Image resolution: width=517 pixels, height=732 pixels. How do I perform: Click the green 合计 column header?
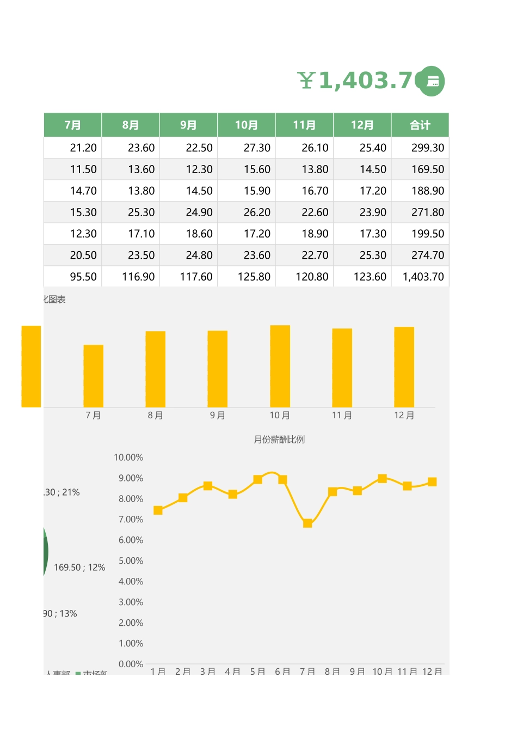click(420, 125)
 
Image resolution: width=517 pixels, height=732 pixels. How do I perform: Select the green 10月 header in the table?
click(246, 125)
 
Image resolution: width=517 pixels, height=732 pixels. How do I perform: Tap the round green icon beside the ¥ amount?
click(430, 81)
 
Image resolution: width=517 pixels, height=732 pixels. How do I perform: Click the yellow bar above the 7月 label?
click(93, 376)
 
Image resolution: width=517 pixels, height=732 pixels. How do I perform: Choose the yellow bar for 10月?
click(280, 366)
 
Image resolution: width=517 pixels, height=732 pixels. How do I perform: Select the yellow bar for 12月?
click(404, 367)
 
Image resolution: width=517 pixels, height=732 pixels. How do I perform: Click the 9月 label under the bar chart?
click(218, 416)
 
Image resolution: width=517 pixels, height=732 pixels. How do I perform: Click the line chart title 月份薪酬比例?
click(279, 440)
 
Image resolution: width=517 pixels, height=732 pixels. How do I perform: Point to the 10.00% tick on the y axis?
click(128, 457)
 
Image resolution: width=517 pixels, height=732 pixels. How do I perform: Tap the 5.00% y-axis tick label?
click(131, 561)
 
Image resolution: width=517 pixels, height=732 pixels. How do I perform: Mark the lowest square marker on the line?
click(307, 523)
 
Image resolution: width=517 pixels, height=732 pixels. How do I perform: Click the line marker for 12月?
click(432, 481)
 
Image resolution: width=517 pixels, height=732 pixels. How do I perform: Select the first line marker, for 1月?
click(158, 510)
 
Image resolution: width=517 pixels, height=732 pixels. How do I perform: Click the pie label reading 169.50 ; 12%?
click(79, 568)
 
